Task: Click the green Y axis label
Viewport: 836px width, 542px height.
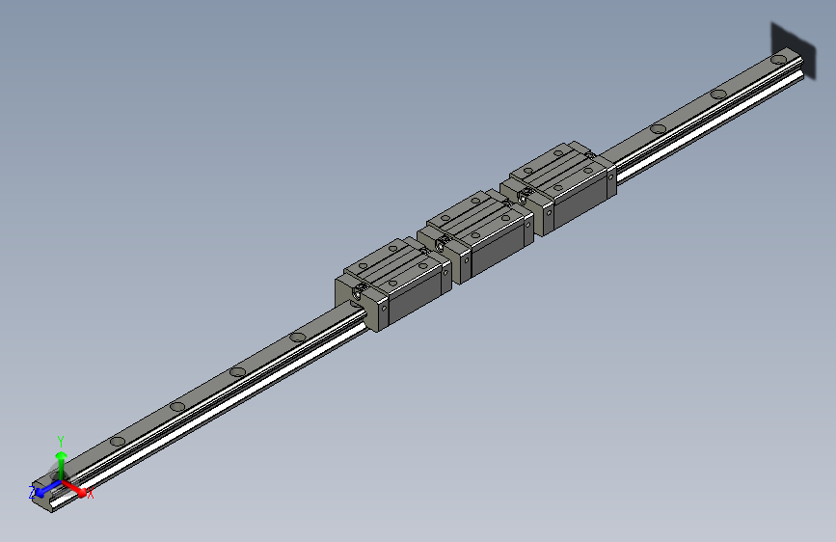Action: [61, 439]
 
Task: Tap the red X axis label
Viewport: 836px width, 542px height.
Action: [91, 494]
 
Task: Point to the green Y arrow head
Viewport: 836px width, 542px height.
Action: [61, 453]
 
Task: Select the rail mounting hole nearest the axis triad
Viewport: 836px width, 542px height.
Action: [117, 441]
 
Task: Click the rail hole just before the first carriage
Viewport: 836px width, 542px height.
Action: [298, 337]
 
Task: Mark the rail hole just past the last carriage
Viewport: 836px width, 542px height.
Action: [659, 127]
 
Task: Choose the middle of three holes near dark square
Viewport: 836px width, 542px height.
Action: [717, 94]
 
